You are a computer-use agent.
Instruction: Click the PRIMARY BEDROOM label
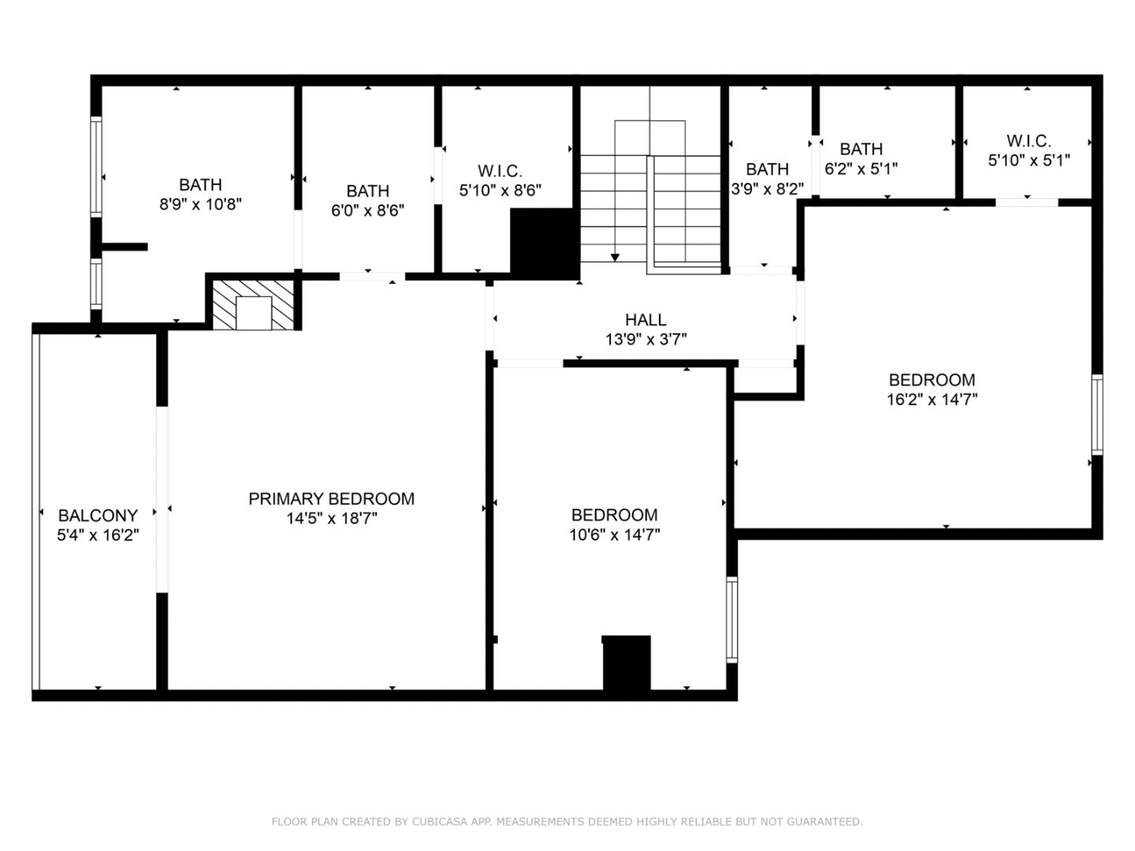point(331,499)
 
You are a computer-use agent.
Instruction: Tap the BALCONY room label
point(98,515)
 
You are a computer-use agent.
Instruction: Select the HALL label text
point(646,320)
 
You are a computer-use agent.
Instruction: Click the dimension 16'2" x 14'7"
point(932,399)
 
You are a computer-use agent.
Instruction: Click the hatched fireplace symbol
point(253,304)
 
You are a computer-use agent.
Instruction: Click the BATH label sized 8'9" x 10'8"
point(200,185)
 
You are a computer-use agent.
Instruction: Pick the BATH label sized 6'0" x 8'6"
point(367,191)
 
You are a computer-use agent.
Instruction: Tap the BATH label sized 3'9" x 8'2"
point(767,169)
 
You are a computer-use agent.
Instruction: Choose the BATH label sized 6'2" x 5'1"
point(861,149)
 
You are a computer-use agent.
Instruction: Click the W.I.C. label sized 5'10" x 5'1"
point(1028,141)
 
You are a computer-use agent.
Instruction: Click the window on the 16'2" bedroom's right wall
point(1096,414)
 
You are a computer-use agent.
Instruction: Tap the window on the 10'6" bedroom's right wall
point(731,619)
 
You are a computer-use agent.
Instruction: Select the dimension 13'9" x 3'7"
point(646,340)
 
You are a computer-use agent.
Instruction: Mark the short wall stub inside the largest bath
point(125,247)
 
